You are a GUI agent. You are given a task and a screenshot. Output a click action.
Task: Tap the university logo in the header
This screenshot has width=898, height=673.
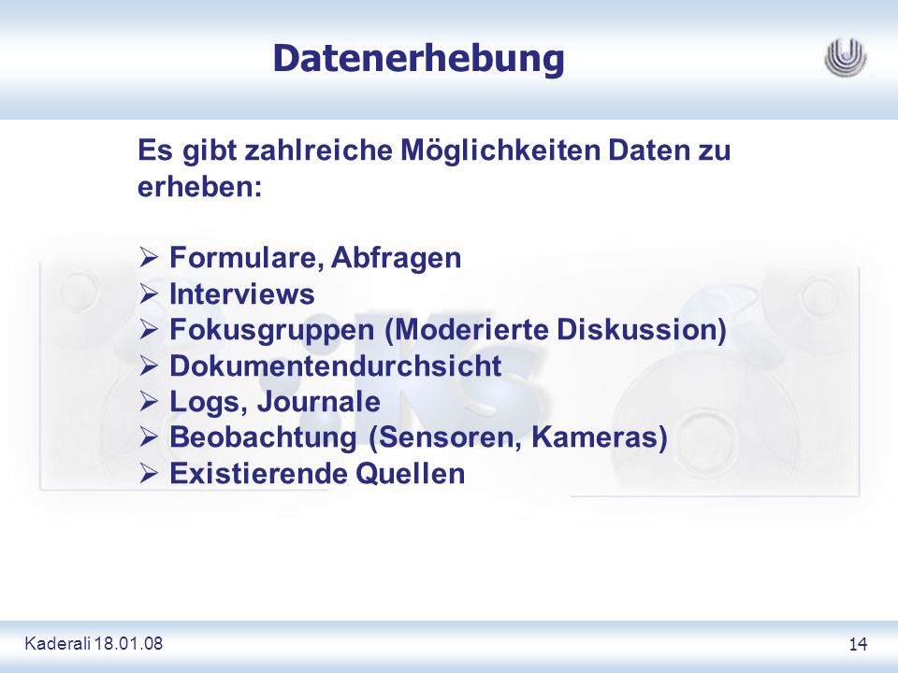[x=846, y=58]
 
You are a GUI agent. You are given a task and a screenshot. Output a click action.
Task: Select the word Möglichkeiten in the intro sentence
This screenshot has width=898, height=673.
[x=500, y=151]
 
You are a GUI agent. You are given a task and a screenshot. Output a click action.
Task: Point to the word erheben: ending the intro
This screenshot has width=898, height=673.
[x=199, y=187]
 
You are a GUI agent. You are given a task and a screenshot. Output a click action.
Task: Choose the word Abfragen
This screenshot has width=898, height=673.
[x=396, y=259]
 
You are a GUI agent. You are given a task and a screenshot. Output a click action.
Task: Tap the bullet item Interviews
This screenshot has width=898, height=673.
[x=242, y=294]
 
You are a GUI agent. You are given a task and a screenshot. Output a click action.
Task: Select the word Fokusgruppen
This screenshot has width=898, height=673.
[x=272, y=331]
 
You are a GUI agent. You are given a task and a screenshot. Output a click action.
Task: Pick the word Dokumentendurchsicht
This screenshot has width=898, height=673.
[x=336, y=365]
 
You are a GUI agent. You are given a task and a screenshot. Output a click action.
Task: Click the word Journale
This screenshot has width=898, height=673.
[x=318, y=401]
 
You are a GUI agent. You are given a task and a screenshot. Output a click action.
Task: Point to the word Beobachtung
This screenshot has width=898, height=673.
[x=263, y=437]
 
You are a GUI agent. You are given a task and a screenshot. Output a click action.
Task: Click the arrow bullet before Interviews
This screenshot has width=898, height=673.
[x=149, y=294]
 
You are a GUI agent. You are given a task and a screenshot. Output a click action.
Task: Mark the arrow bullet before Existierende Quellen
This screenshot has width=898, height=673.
[x=149, y=474]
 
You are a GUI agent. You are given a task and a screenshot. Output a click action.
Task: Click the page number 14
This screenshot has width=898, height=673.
[x=858, y=644]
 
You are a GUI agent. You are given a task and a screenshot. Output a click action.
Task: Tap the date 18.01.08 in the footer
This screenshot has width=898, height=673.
[x=129, y=643]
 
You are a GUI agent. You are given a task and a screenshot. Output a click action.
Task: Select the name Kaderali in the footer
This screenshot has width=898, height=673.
[x=58, y=643]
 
